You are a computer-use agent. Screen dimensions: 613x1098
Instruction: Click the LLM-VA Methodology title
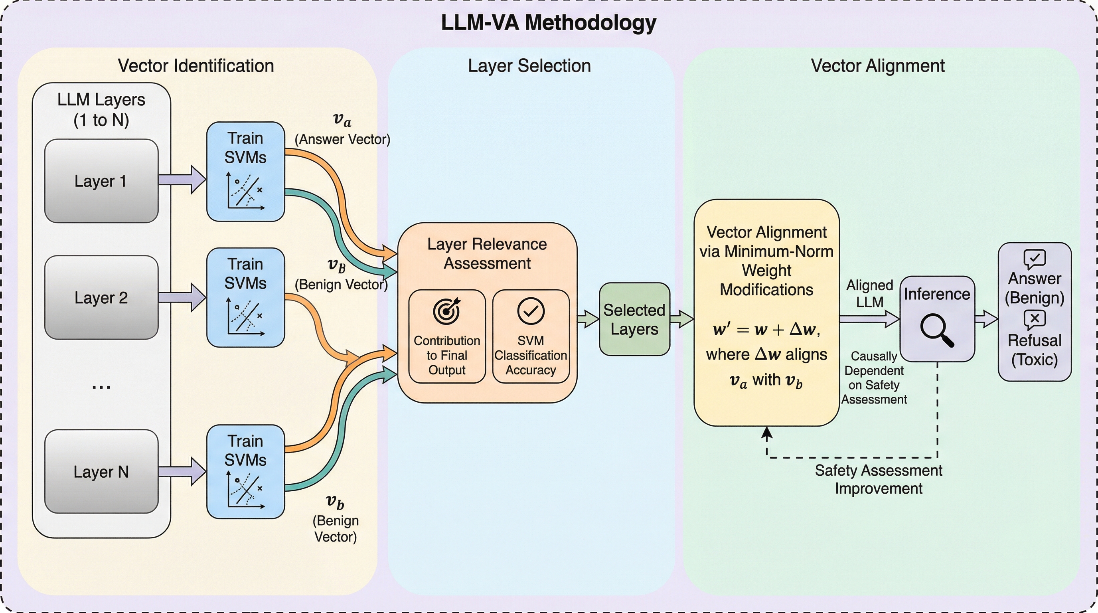(549, 23)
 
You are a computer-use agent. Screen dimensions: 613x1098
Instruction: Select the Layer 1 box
(101, 181)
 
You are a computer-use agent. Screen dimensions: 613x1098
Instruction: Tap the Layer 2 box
(101, 297)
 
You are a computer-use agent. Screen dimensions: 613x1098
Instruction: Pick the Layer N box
(101, 471)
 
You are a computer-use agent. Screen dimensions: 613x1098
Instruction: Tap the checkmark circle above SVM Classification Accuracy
(531, 311)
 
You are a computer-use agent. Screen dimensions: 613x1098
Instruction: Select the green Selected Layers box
(634, 319)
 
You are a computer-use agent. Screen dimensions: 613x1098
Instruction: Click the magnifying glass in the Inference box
(936, 330)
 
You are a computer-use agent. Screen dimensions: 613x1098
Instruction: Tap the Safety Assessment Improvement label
(879, 479)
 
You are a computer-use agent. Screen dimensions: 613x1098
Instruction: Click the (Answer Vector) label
(342, 139)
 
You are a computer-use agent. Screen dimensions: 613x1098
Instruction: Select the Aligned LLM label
(869, 293)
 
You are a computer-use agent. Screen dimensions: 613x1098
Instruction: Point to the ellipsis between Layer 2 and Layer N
(101, 387)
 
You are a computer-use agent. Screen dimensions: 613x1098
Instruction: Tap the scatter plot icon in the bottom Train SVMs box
(245, 490)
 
